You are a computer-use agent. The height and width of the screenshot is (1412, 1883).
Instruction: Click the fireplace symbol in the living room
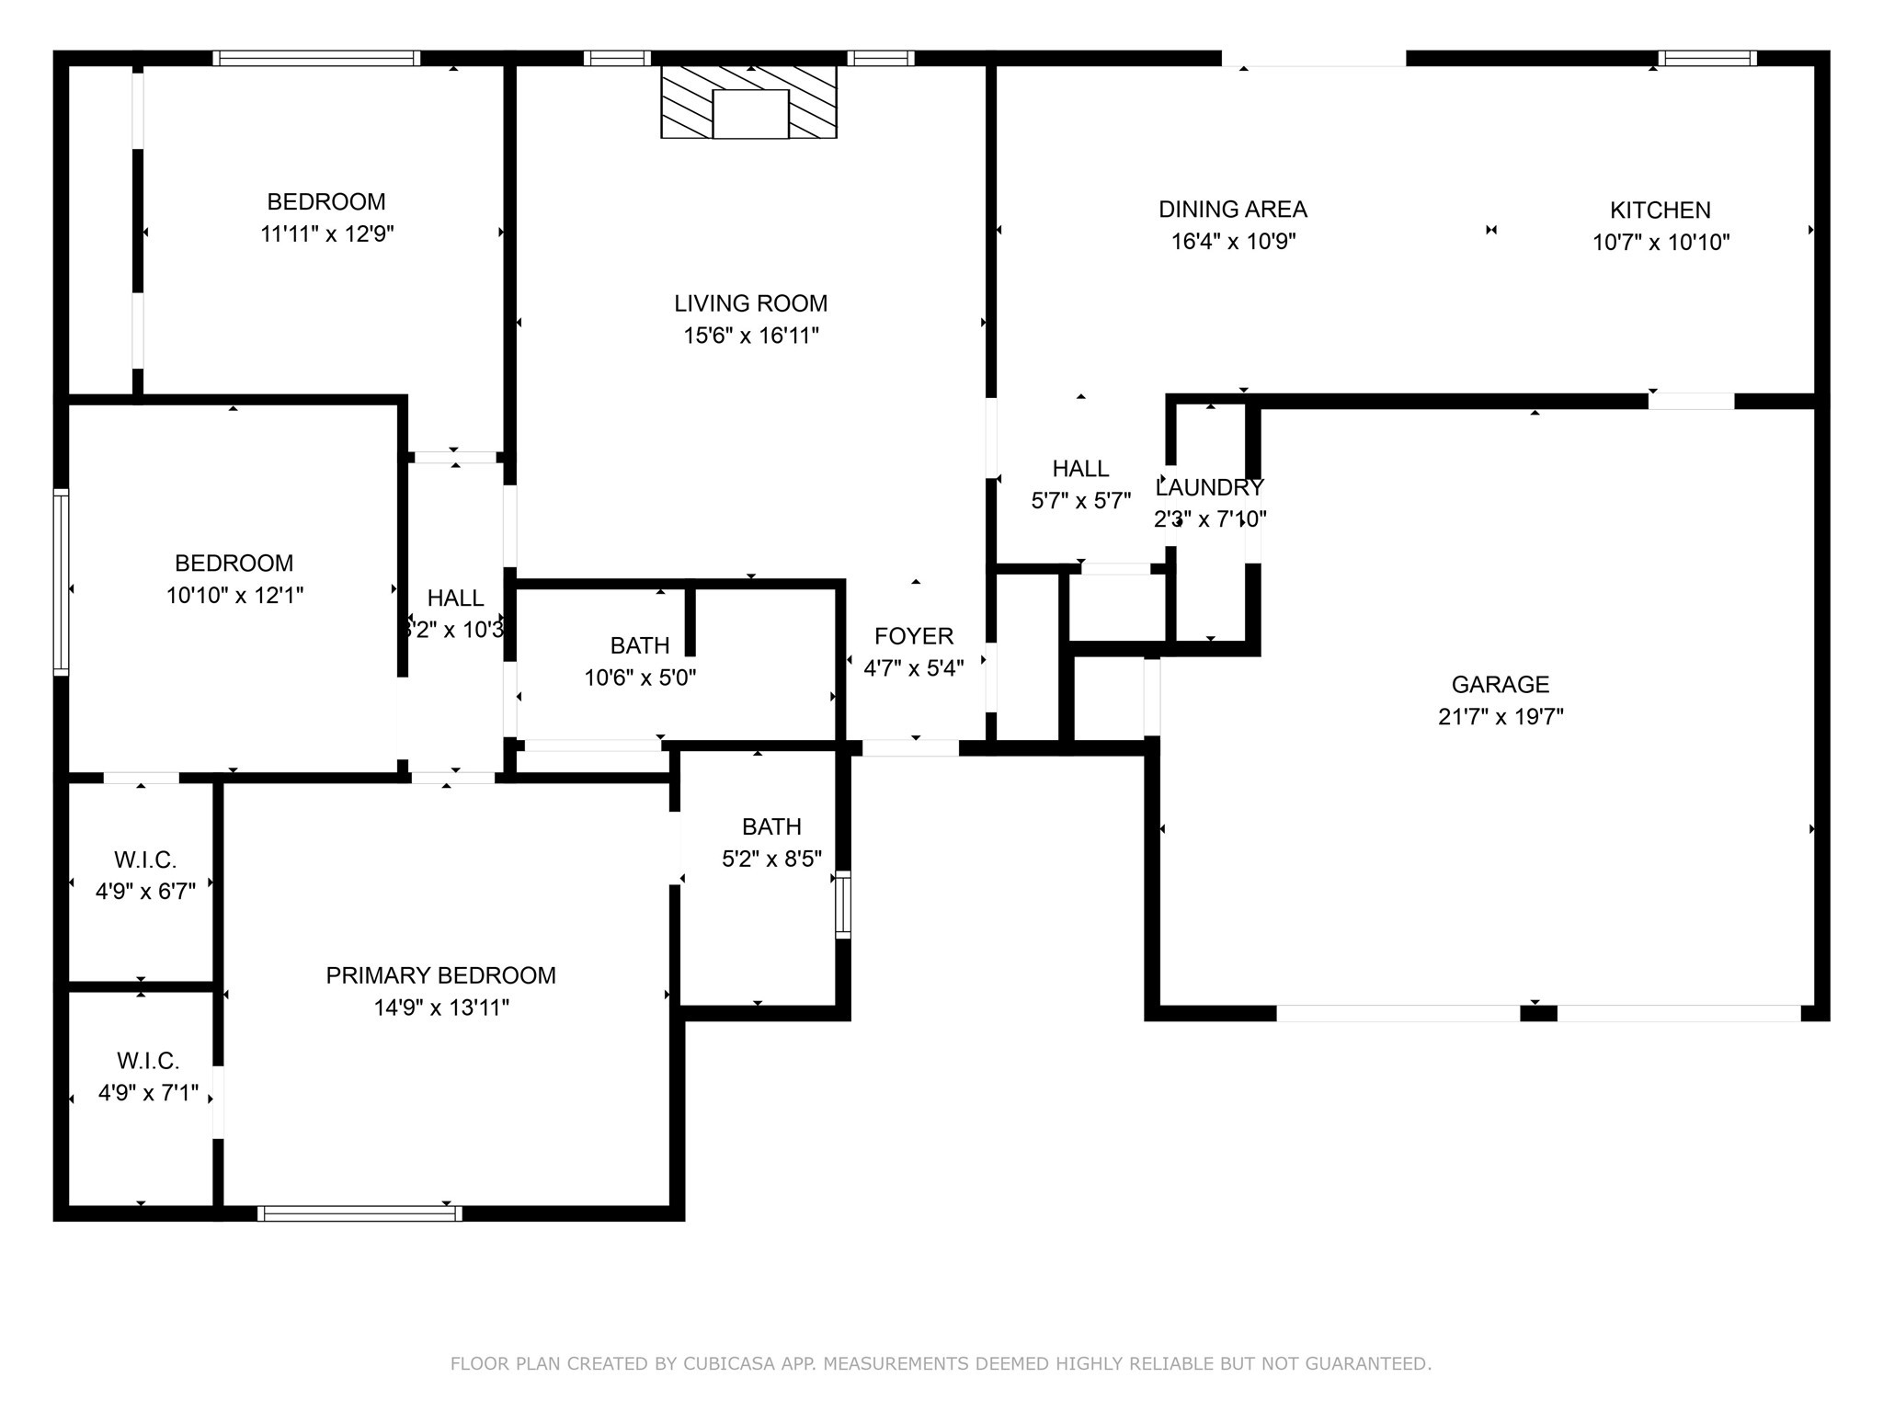pos(749,102)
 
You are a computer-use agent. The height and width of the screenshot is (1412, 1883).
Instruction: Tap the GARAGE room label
pos(1500,684)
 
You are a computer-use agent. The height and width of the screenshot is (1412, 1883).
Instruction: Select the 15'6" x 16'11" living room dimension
pos(750,336)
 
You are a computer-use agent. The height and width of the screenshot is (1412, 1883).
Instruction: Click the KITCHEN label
pos(1660,210)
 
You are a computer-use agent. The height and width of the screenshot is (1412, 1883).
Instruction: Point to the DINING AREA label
pos(1232,209)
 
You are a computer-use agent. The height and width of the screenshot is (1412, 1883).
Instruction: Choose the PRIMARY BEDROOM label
pos(440,975)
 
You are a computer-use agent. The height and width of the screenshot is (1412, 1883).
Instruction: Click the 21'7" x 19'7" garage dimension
pos(1500,717)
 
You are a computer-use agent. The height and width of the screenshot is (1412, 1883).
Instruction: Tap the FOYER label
pos(913,636)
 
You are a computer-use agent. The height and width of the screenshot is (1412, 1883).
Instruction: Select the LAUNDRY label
pos(1209,487)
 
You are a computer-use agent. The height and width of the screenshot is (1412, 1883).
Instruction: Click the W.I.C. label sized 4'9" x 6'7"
pos(145,860)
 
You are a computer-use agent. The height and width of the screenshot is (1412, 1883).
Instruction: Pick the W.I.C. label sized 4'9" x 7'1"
pos(147,1061)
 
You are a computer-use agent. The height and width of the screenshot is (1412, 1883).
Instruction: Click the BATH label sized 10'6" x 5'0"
pos(640,645)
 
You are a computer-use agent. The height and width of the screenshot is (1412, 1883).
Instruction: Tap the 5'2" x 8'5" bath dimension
pos(771,859)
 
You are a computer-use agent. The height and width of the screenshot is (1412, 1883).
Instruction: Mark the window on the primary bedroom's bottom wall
pos(359,1213)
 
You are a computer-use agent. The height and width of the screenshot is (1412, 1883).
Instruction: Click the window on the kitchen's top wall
pos(1706,59)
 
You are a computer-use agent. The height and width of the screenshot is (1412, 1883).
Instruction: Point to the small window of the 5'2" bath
pos(842,905)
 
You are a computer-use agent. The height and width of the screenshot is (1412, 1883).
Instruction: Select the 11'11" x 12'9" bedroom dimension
pos(326,233)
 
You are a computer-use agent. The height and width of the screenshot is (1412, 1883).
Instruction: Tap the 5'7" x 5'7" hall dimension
pos(1080,501)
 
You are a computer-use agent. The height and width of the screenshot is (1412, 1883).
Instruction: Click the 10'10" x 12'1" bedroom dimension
pos(234,596)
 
